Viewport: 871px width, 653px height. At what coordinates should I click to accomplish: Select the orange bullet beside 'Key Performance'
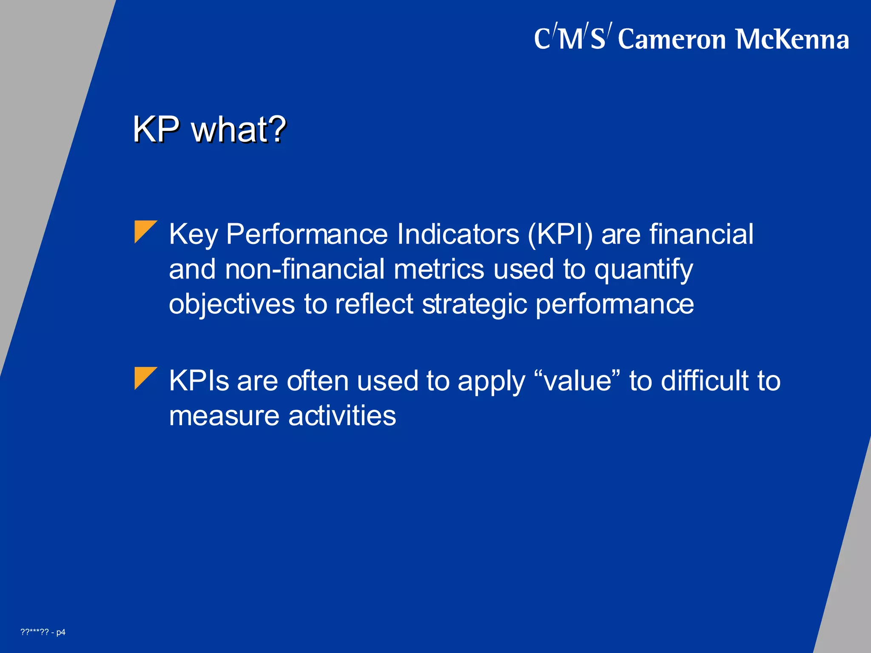click(145, 231)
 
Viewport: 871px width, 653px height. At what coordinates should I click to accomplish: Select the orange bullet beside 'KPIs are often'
click(145, 378)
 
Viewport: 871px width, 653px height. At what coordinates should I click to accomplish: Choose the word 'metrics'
click(439, 270)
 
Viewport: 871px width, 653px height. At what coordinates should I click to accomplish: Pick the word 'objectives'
click(232, 305)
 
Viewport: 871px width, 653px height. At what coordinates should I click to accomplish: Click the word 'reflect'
click(374, 304)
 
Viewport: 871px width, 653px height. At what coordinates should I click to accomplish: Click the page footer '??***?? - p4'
click(43, 632)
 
